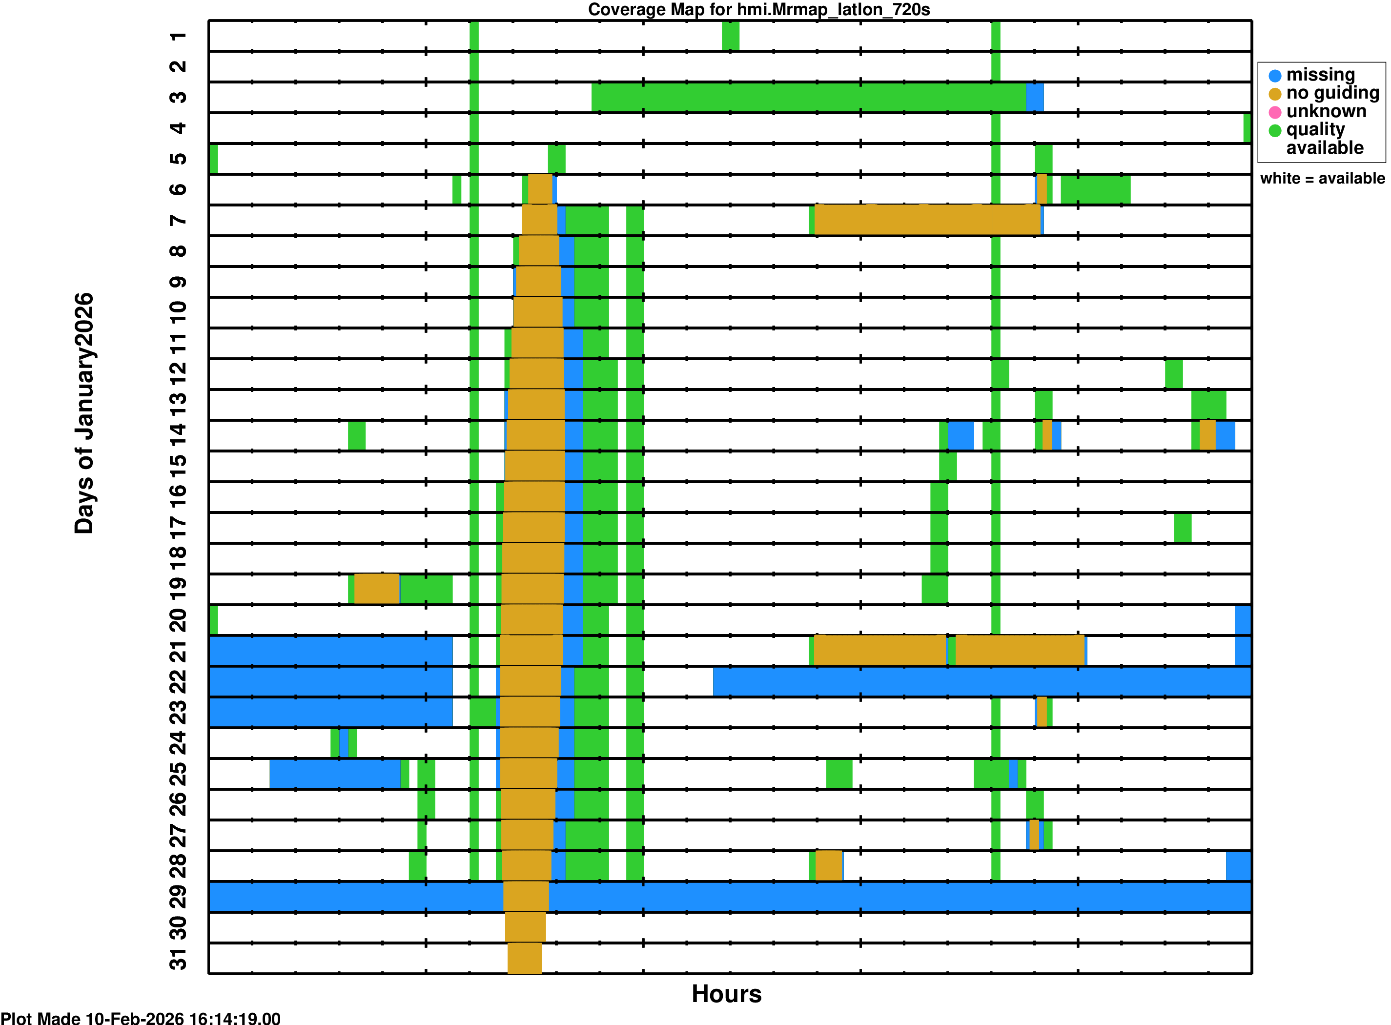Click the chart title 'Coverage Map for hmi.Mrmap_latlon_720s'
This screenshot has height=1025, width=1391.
[758, 10]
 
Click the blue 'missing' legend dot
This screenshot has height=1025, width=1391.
[1274, 76]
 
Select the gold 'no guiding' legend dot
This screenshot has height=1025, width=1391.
[1274, 94]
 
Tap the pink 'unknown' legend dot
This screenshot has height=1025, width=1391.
[1274, 112]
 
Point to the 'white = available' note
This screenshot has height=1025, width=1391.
[1322, 179]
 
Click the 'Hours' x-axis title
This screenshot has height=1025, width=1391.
[726, 993]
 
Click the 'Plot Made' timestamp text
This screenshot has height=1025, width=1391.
[140, 1018]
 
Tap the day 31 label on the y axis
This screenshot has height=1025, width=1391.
[178, 959]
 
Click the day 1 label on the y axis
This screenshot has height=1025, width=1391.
[178, 37]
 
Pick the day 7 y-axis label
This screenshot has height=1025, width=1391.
[178, 220]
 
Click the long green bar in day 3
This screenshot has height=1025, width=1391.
[808, 98]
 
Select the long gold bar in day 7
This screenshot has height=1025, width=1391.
[927, 220]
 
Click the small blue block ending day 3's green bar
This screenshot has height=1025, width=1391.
[1034, 98]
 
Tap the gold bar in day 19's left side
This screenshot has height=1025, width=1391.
[377, 589]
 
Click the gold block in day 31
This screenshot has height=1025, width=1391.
[524, 958]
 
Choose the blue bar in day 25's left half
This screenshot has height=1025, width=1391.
[334, 774]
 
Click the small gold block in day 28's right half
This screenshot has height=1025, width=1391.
[828, 865]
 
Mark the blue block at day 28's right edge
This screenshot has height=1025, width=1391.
[1238, 865]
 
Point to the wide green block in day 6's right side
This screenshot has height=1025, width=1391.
[1095, 190]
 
